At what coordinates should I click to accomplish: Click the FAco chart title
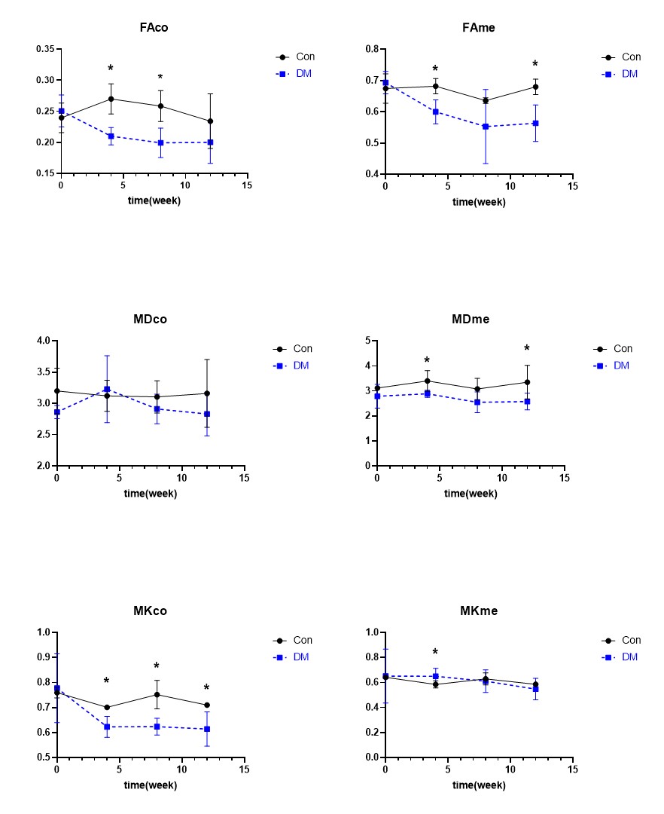[154, 28]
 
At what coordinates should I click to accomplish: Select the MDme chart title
[471, 319]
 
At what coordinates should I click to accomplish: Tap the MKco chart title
[150, 610]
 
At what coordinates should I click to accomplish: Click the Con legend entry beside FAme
[631, 57]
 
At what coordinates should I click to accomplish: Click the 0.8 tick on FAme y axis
[372, 49]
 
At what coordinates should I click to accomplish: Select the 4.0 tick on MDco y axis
[44, 341]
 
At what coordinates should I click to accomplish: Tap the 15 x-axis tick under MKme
[572, 770]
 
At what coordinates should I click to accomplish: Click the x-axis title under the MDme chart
[471, 494]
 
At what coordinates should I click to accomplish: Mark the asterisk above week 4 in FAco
[111, 69]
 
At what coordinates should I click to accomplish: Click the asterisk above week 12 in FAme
[535, 65]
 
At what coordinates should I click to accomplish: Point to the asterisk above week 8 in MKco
[157, 667]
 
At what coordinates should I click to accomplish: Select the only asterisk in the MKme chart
[435, 653]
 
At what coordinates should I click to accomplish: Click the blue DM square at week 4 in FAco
[111, 136]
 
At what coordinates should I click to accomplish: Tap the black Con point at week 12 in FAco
[210, 121]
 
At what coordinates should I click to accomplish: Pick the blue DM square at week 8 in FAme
[486, 127]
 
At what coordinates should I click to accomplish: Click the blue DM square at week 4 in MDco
[107, 390]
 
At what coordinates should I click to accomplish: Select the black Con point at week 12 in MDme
[527, 382]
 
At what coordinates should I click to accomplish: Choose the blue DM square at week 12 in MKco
[206, 729]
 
